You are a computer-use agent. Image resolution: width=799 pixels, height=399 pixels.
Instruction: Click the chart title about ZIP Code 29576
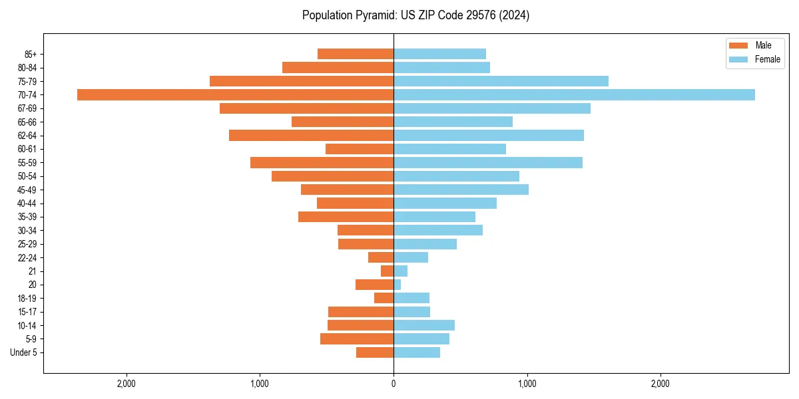(415, 15)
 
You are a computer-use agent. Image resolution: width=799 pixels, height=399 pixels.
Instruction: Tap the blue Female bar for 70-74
(574, 95)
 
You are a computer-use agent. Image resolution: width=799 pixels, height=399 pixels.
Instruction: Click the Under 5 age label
(24, 352)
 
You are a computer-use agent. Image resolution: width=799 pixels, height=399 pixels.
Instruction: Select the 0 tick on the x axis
(394, 384)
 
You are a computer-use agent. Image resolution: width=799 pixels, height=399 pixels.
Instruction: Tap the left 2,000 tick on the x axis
(126, 384)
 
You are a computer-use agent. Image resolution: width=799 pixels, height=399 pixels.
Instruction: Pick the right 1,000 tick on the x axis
(527, 384)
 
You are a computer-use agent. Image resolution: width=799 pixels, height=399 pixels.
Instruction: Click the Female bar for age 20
(398, 285)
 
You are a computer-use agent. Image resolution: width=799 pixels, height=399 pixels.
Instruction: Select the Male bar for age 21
(388, 271)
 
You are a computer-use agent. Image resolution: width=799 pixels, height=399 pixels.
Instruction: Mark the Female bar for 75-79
(501, 81)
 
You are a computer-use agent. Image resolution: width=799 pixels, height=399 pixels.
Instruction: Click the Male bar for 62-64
(311, 136)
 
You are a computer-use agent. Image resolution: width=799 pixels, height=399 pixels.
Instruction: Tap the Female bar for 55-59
(488, 163)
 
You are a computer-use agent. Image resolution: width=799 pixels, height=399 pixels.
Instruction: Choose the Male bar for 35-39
(346, 217)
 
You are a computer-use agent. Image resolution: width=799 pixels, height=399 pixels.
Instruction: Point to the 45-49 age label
(27, 190)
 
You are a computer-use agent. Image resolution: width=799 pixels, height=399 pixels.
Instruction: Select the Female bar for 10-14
(424, 325)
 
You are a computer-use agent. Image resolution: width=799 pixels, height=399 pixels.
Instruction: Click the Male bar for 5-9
(357, 339)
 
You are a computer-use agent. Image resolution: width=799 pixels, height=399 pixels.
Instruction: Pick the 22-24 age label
(27, 258)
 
